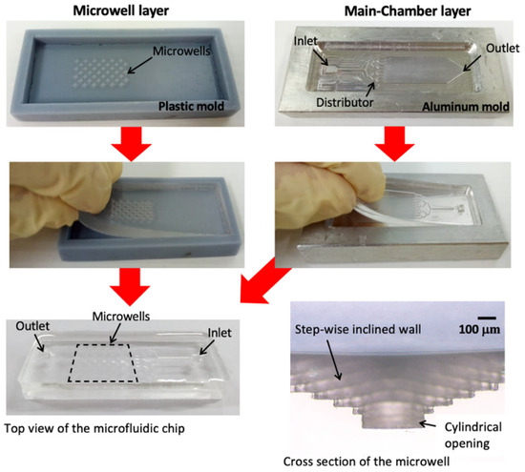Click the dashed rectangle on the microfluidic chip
(105, 362)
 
